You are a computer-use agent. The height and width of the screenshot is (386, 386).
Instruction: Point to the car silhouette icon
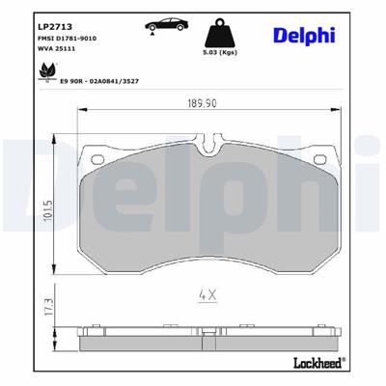click(x=163, y=22)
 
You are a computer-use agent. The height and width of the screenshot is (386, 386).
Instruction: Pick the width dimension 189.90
click(x=198, y=105)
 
